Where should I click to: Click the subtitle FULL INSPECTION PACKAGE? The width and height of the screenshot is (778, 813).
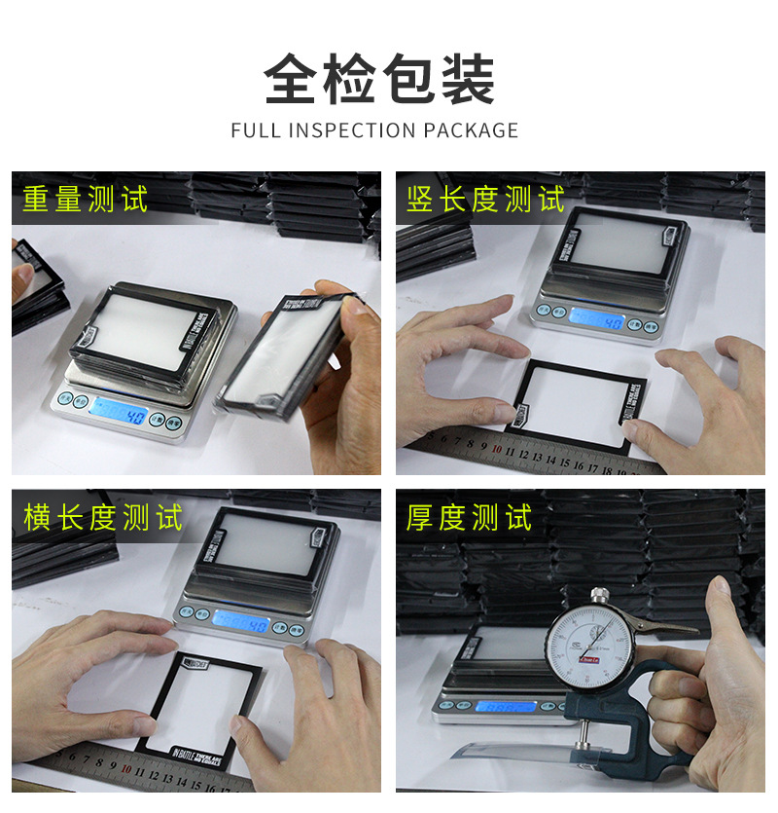coord(374,130)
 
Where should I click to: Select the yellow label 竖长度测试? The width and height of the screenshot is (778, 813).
coord(485,200)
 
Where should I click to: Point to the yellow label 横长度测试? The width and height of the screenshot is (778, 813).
coord(103,517)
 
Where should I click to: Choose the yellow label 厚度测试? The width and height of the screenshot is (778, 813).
coord(470,517)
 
